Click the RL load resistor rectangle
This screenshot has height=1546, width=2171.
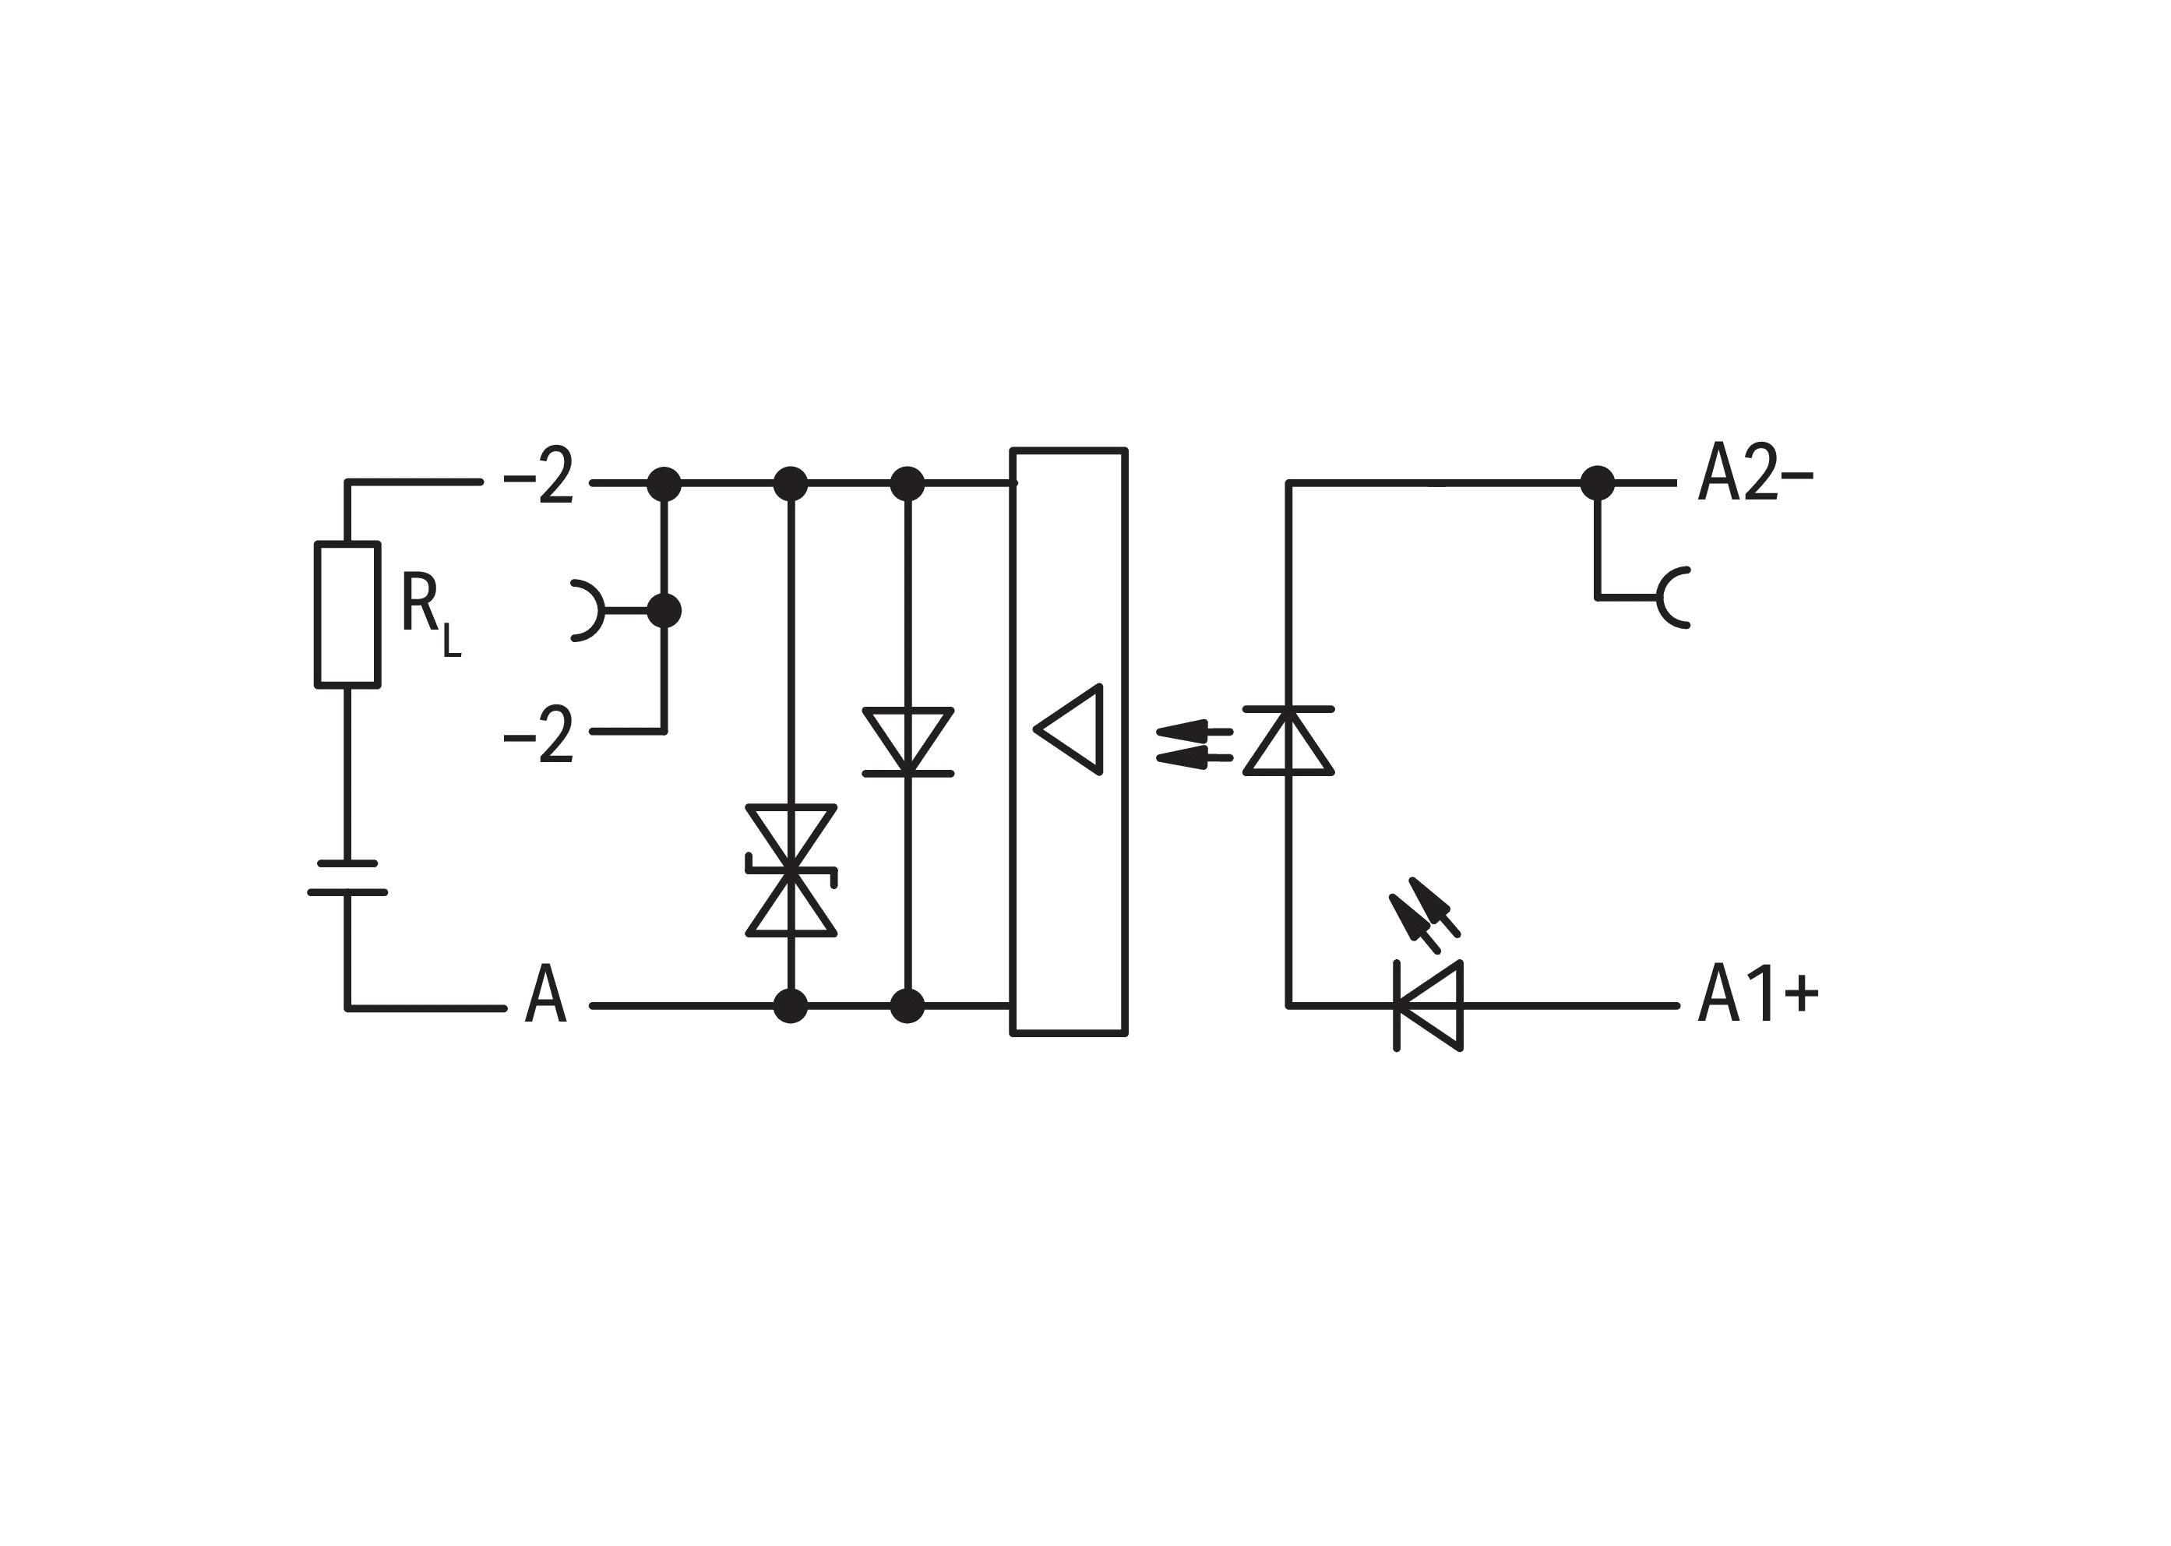(x=347, y=614)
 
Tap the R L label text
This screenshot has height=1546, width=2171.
(x=428, y=614)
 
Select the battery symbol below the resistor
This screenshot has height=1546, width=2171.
(x=347, y=877)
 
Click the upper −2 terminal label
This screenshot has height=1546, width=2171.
(x=539, y=476)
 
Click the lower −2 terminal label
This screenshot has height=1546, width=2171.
(x=539, y=734)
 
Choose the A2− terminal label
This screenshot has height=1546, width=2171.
(x=1755, y=472)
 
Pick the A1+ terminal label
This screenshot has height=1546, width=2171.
(x=1757, y=993)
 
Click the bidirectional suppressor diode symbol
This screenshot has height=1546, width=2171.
(x=791, y=870)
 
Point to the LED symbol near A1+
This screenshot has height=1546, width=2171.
(x=1428, y=1006)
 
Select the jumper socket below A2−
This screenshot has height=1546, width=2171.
(x=1672, y=598)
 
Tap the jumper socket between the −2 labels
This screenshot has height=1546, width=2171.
(x=587, y=609)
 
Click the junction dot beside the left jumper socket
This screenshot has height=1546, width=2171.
(x=664, y=610)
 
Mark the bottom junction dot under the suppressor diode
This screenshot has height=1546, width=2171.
(x=790, y=1005)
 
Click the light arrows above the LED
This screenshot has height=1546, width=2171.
(x=1423, y=912)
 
